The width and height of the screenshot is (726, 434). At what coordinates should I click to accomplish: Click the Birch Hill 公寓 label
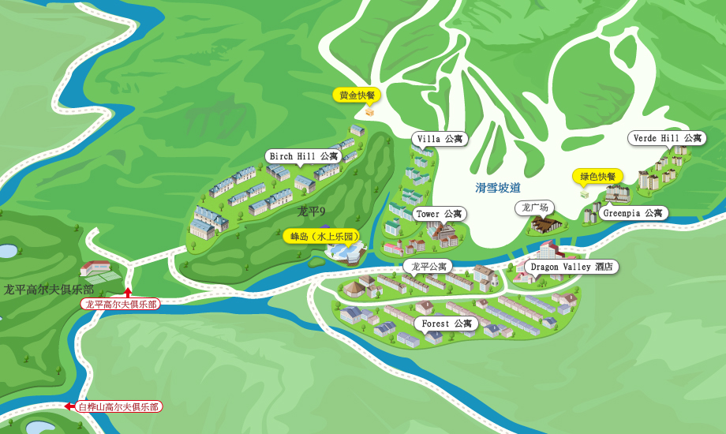303,156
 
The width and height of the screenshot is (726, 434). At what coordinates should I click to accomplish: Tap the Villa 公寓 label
440,139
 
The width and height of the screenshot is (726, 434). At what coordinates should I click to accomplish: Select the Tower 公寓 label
439,214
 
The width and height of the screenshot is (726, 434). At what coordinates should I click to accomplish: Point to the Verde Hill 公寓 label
667,138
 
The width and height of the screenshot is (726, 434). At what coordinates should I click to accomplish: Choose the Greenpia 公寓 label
634,213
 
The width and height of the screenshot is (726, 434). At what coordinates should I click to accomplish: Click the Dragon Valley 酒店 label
571,267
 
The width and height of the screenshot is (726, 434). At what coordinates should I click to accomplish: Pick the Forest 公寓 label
446,324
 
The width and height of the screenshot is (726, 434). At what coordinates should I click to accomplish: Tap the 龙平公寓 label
428,267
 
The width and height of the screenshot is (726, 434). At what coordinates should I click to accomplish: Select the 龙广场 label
534,208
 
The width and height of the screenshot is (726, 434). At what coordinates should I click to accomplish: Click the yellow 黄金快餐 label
357,95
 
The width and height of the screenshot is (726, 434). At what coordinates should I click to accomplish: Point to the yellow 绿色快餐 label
597,176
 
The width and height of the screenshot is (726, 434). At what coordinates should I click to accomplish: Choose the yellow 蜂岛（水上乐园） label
324,236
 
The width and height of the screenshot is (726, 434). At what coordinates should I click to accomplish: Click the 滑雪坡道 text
498,188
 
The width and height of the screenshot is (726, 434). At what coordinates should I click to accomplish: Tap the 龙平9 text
311,211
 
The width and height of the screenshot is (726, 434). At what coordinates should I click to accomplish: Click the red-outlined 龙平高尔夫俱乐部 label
121,304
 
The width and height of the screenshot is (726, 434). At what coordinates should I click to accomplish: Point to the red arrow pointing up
128,293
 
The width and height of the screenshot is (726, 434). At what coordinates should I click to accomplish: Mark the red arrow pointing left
69,406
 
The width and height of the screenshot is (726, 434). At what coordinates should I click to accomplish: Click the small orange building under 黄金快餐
369,112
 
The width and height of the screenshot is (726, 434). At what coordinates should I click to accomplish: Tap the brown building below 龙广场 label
546,224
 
